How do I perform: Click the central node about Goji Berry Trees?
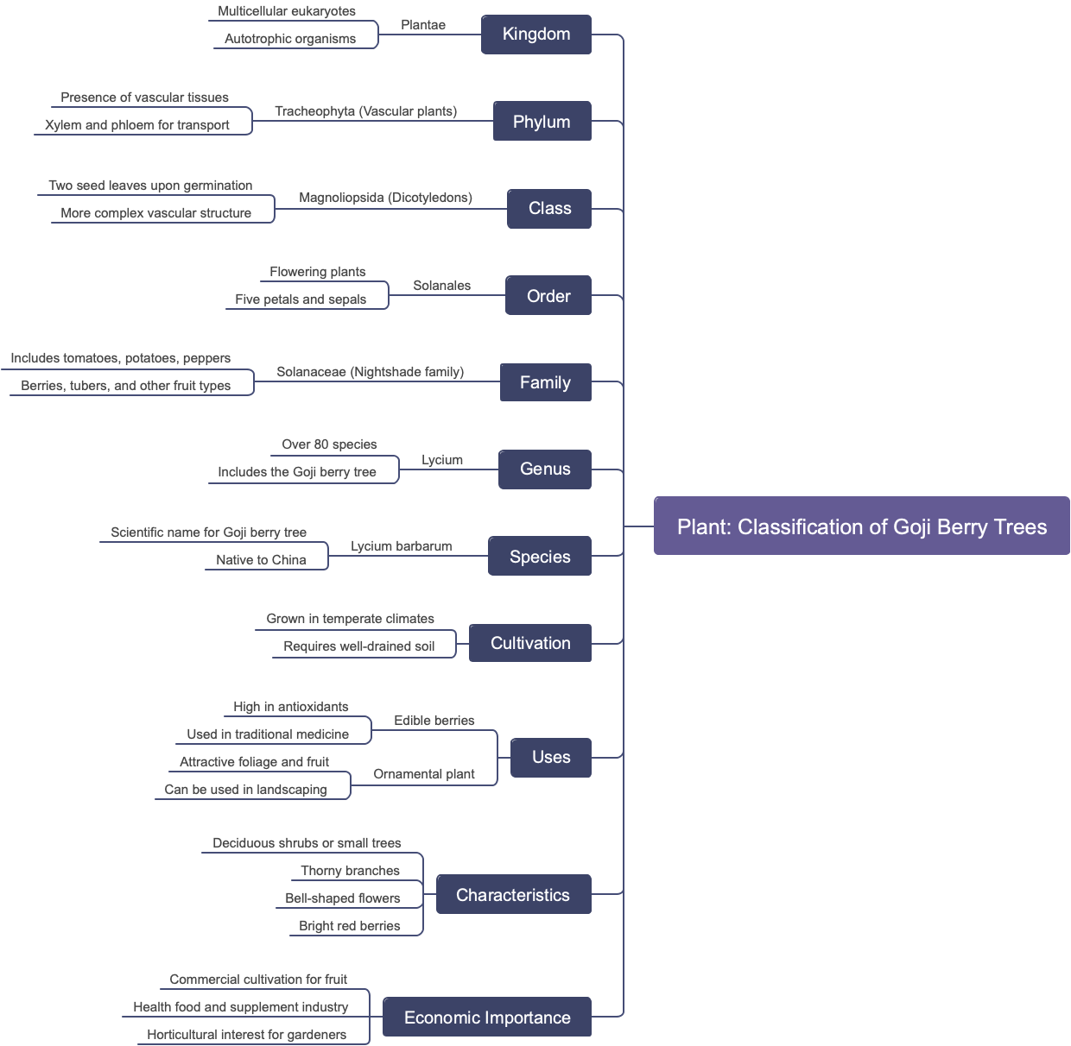click(861, 526)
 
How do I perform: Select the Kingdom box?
click(535, 35)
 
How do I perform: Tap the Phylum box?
click(542, 122)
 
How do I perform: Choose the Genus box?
click(544, 469)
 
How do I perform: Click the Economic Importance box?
click(486, 1018)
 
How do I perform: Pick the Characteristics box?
click(512, 895)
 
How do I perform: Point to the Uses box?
click(550, 758)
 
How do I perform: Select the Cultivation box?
click(529, 644)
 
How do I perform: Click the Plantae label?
click(423, 25)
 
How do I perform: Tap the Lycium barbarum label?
click(401, 546)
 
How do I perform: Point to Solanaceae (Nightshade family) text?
click(370, 372)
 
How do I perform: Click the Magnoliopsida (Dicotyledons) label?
click(385, 198)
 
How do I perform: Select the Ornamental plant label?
click(423, 774)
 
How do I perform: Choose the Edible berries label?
click(434, 721)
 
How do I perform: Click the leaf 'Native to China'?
click(261, 560)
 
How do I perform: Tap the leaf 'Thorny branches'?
click(350, 871)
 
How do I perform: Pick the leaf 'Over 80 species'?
click(329, 444)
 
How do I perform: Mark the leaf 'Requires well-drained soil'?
click(358, 646)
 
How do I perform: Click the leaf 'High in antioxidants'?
click(290, 707)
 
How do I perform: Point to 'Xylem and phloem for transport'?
click(136, 125)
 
